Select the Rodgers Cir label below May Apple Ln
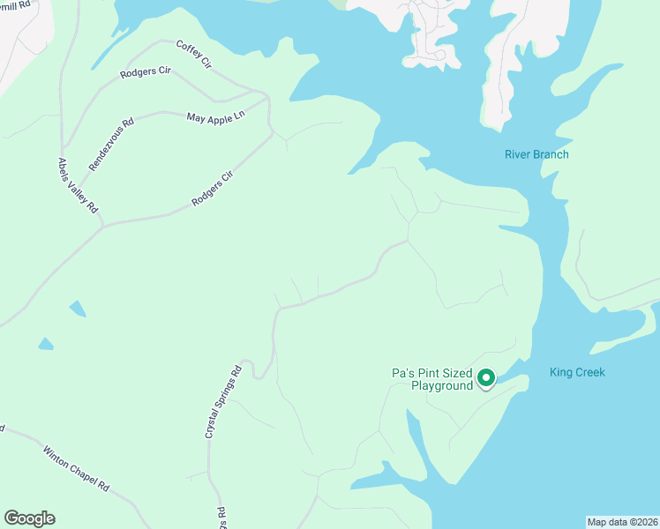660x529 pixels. click(213, 190)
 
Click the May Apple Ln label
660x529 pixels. click(214, 116)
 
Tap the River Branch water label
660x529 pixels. click(536, 155)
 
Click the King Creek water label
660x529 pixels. click(577, 372)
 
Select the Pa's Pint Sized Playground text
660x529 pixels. click(432, 379)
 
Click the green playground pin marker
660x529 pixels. click(485, 379)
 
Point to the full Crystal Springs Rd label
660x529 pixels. click(223, 402)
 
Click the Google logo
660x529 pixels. click(29, 518)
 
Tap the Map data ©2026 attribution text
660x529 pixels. click(622, 522)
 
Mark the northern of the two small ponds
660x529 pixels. click(78, 309)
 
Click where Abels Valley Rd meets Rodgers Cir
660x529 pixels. click(102, 226)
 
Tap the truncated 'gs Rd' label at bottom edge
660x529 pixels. click(222, 514)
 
